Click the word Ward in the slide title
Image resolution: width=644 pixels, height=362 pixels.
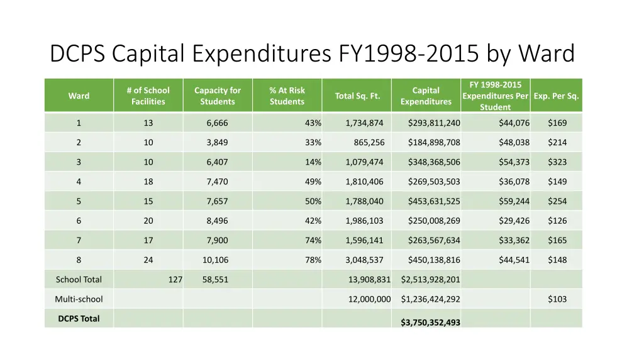[x=548, y=54]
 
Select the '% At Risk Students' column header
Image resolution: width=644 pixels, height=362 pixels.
[x=287, y=96]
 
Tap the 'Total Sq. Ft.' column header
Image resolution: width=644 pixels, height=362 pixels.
[x=357, y=96]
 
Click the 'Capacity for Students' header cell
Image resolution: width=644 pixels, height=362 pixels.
[x=218, y=96]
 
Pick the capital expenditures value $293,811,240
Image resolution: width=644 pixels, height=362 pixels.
[x=434, y=123]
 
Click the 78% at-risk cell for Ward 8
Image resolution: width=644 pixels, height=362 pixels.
[x=313, y=260]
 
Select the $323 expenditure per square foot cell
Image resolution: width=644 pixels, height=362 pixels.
[x=557, y=162]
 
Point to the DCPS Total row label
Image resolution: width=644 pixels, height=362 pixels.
[x=79, y=318]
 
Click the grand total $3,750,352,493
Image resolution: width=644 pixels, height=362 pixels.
[x=430, y=322]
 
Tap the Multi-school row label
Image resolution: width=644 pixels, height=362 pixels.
[x=79, y=299]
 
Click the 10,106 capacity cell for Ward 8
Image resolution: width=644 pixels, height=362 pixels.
[x=215, y=260]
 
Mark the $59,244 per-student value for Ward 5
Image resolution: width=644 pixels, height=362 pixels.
[x=514, y=201]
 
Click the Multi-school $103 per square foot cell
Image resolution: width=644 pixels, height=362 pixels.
[x=557, y=299]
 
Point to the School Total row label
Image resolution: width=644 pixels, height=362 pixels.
[x=79, y=280]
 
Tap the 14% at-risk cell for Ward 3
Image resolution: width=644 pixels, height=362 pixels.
[x=313, y=162]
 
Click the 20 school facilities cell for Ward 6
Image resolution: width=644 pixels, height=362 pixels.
[x=148, y=221]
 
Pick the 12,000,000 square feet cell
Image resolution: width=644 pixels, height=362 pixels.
[x=369, y=299]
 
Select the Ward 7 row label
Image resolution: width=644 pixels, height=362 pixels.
[x=79, y=240]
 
